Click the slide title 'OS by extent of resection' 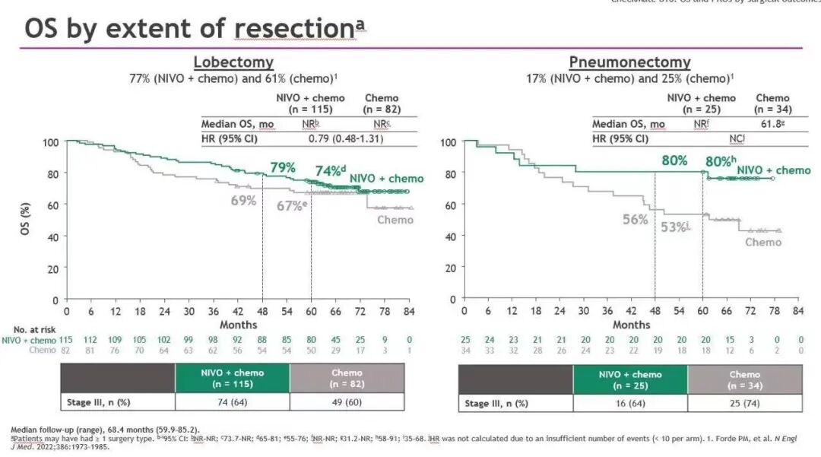tap(195, 28)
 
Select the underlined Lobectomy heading tap(233, 62)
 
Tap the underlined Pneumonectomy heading tap(629, 62)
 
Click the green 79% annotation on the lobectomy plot tap(284, 167)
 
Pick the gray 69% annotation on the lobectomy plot tap(244, 200)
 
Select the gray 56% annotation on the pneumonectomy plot tap(636, 219)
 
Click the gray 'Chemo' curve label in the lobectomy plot tap(395, 220)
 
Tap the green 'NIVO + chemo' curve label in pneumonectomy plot tap(774, 170)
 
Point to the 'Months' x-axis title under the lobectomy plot tap(238, 325)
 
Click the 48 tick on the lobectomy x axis tap(262, 311)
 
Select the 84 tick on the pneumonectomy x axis tap(797, 311)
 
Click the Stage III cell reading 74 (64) tap(232, 403)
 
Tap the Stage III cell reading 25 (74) tap(744, 403)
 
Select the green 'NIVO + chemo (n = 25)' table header tap(630, 379)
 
